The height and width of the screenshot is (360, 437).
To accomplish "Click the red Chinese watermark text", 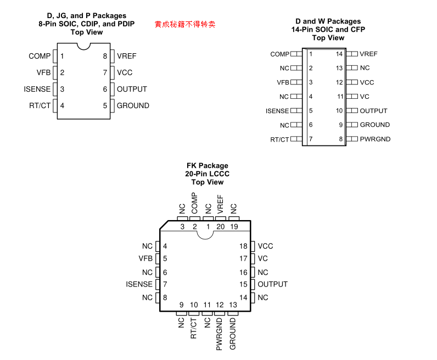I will (x=184, y=25).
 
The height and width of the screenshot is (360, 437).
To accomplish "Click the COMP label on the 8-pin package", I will (x=40, y=56).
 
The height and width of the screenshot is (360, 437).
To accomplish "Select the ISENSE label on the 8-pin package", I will (x=37, y=89).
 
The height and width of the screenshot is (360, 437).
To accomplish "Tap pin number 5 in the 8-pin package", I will (x=105, y=105).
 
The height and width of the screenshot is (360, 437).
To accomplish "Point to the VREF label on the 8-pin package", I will (x=126, y=56).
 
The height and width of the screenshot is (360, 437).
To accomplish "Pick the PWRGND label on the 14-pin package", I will (x=375, y=139).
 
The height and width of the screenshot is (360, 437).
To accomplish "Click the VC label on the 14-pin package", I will (x=365, y=96).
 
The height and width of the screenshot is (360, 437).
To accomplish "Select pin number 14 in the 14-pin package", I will (x=339, y=54).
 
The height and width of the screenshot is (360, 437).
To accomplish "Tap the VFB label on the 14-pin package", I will (x=283, y=82).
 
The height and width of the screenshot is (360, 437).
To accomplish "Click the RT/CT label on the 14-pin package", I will (x=279, y=139).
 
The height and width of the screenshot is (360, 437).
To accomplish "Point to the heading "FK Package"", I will (x=207, y=165).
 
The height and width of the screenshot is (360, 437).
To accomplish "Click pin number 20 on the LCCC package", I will (x=221, y=226).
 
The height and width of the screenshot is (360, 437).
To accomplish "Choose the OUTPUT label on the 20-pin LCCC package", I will (x=272, y=284).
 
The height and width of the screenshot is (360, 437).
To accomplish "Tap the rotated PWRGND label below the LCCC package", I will (x=220, y=334).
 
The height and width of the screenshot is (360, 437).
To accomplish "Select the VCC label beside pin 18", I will (x=265, y=246).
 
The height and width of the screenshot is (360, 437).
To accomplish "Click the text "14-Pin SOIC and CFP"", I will (x=328, y=30).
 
